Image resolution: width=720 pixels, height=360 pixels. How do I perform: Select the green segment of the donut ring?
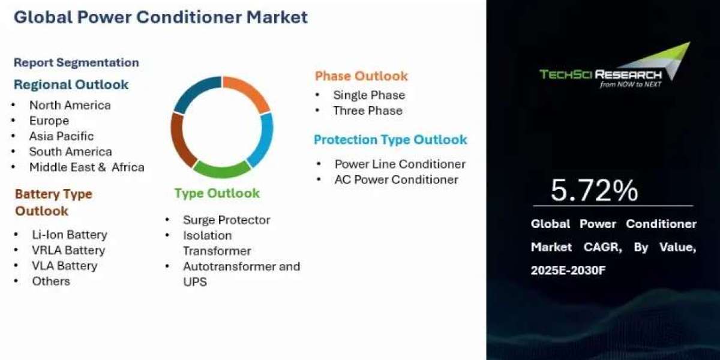222,170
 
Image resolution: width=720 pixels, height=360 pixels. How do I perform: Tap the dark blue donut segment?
194,92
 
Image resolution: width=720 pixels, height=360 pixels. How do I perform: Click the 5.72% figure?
595,191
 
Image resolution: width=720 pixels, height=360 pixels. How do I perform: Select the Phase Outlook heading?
361,76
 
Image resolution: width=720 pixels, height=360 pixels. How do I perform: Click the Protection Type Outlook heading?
390,140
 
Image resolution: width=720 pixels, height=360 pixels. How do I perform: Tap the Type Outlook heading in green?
217,193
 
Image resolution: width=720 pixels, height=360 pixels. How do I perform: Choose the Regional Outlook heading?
71,85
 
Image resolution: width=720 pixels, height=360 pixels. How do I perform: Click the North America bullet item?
70,105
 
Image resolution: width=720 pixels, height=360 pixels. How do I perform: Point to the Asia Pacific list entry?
61,136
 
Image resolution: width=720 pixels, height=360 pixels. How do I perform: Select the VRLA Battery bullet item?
68,250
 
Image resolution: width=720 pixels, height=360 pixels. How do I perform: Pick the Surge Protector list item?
227,220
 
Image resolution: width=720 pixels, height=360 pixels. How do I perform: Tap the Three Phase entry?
368,110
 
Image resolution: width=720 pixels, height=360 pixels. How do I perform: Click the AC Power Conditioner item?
397,179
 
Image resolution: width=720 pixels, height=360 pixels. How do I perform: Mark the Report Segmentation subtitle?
77,62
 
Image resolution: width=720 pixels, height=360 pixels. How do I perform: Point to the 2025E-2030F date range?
568,270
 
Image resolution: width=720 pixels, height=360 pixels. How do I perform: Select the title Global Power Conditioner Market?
161,17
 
